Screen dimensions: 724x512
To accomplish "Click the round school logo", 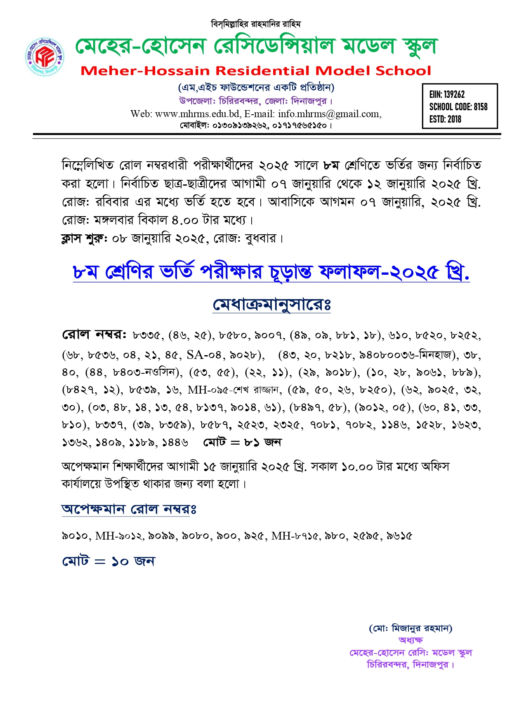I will [x=45, y=57].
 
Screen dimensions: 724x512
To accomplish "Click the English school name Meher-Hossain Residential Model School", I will [x=256, y=71].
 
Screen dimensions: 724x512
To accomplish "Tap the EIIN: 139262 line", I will [x=447, y=94].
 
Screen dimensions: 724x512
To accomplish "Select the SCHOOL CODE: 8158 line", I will [x=458, y=107].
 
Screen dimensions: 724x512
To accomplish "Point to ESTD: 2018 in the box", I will [x=445, y=119].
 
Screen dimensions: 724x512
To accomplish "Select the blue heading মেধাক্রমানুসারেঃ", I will [x=271, y=305].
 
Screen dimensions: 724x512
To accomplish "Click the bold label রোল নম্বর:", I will [x=94, y=335].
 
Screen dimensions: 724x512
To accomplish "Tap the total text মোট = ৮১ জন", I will [x=242, y=443].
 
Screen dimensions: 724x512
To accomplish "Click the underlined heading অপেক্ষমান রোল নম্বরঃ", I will [x=129, y=509].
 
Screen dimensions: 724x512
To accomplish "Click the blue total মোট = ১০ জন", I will [x=109, y=561].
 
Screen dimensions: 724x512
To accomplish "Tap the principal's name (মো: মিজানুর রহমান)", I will [x=411, y=628].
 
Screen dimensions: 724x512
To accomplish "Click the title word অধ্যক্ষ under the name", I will [x=411, y=640].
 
